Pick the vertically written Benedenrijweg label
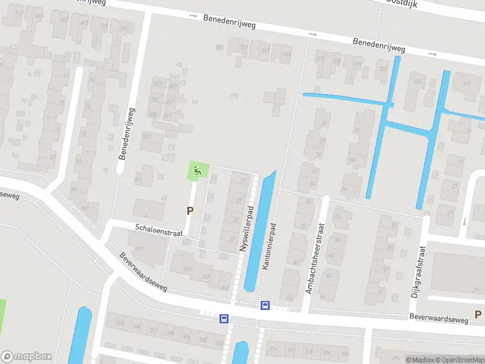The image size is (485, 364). point(127,133)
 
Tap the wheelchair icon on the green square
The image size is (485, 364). point(198,172)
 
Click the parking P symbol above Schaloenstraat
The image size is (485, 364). point(190,211)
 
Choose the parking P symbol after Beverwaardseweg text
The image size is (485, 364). point(478,314)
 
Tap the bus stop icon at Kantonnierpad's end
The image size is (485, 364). point(265,305)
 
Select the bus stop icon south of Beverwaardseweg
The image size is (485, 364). point(224,318)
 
